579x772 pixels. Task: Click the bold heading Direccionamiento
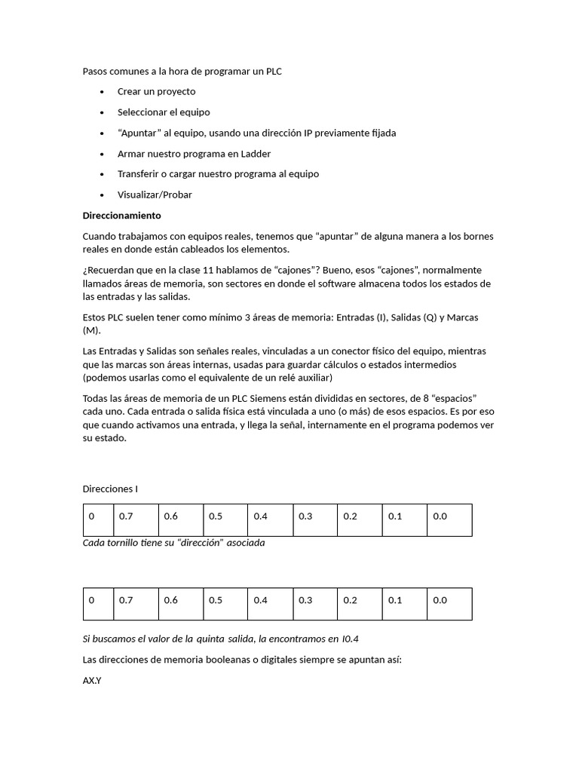tap(121, 216)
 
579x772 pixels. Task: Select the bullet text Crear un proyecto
tap(156, 91)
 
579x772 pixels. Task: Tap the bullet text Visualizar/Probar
tap(155, 195)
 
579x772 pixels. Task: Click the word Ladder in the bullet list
tap(255, 153)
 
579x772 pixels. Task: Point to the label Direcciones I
tap(110, 489)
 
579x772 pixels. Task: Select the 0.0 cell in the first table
tap(449, 517)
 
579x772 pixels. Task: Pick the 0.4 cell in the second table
tap(270, 601)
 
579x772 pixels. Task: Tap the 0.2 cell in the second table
tap(360, 601)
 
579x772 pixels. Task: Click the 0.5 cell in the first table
tap(225, 517)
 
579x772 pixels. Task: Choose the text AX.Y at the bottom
tap(92, 681)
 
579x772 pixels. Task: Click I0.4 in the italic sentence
tap(351, 639)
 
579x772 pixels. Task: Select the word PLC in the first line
tap(274, 71)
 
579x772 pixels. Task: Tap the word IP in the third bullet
tap(308, 133)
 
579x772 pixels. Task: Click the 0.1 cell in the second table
tap(404, 601)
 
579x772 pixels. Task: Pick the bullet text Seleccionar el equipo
tap(164, 112)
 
